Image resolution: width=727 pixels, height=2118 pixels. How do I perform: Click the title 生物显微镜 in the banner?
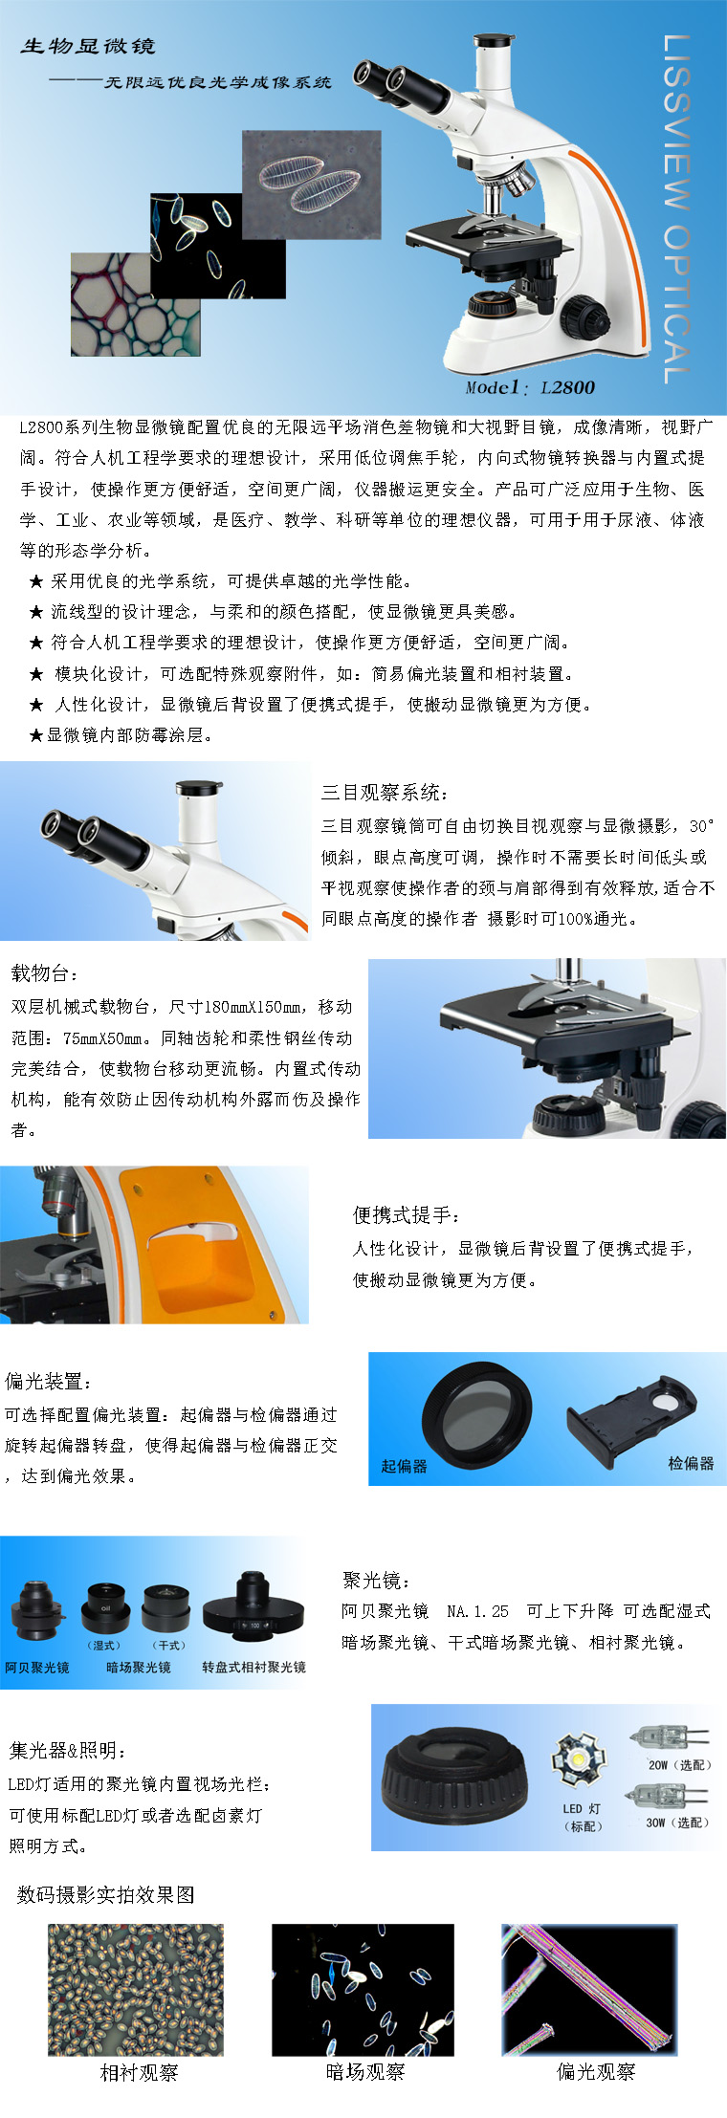point(88,46)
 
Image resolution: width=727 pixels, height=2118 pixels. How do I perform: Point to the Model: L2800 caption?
point(530,387)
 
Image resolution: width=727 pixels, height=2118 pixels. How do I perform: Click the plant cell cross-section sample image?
point(136,304)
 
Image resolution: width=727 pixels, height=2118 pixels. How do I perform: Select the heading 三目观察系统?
point(385,792)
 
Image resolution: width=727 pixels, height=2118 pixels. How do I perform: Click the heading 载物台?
point(45,973)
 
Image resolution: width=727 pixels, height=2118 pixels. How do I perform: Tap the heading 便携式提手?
point(407,1214)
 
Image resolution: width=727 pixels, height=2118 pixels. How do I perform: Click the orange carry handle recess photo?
point(154,1244)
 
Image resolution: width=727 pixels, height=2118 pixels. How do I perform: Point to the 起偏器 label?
point(404,1466)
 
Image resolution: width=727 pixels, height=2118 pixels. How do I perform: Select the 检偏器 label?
point(691,1463)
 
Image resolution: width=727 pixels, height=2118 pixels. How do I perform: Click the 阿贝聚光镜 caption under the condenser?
point(37,1667)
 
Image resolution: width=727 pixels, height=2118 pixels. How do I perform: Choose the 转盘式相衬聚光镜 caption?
point(253,1667)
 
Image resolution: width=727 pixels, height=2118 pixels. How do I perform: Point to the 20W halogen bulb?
point(668,1736)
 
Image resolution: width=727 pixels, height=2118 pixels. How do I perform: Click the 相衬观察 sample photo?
point(136,1990)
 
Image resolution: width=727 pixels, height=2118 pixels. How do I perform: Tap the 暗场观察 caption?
point(365,2072)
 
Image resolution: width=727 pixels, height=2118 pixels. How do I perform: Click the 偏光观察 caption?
point(596,2071)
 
